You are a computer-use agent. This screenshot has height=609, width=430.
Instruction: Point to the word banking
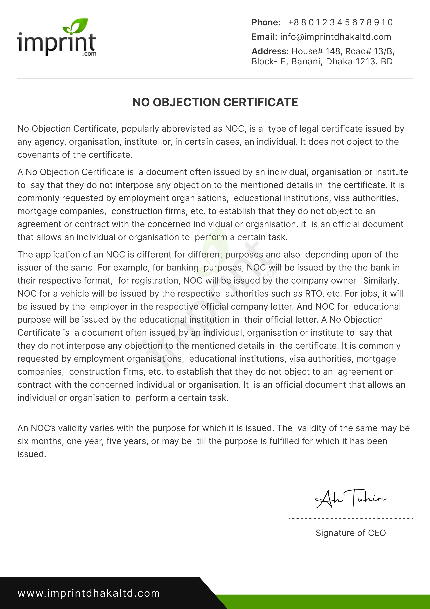click(182, 268)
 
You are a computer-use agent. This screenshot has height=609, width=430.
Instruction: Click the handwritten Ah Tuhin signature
click(351, 499)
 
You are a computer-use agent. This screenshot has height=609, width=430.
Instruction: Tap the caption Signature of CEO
click(351, 533)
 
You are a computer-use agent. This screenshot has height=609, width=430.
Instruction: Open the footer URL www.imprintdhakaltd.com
click(89, 593)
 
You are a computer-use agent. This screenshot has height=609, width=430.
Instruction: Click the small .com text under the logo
click(89, 54)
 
